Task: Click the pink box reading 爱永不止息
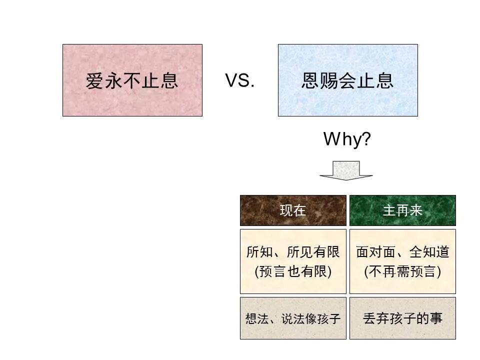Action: click(132, 80)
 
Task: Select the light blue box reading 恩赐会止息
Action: click(347, 80)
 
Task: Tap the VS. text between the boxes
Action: click(240, 80)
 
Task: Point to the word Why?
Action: click(347, 139)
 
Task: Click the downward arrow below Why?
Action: click(346, 170)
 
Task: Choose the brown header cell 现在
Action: click(293, 210)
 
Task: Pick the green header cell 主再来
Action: click(402, 210)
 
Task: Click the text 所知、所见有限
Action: click(293, 252)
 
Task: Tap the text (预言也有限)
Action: click(293, 271)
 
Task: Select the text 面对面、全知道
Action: click(402, 252)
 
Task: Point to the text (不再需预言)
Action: click(402, 271)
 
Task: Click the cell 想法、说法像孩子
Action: click(293, 318)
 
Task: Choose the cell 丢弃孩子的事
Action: click(402, 318)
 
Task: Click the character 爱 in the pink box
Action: click(94, 80)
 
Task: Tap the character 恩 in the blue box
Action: click(310, 80)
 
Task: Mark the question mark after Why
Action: click(366, 139)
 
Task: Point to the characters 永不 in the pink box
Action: click(122, 80)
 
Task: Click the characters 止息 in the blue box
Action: click(375, 80)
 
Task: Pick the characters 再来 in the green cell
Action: click(409, 210)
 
